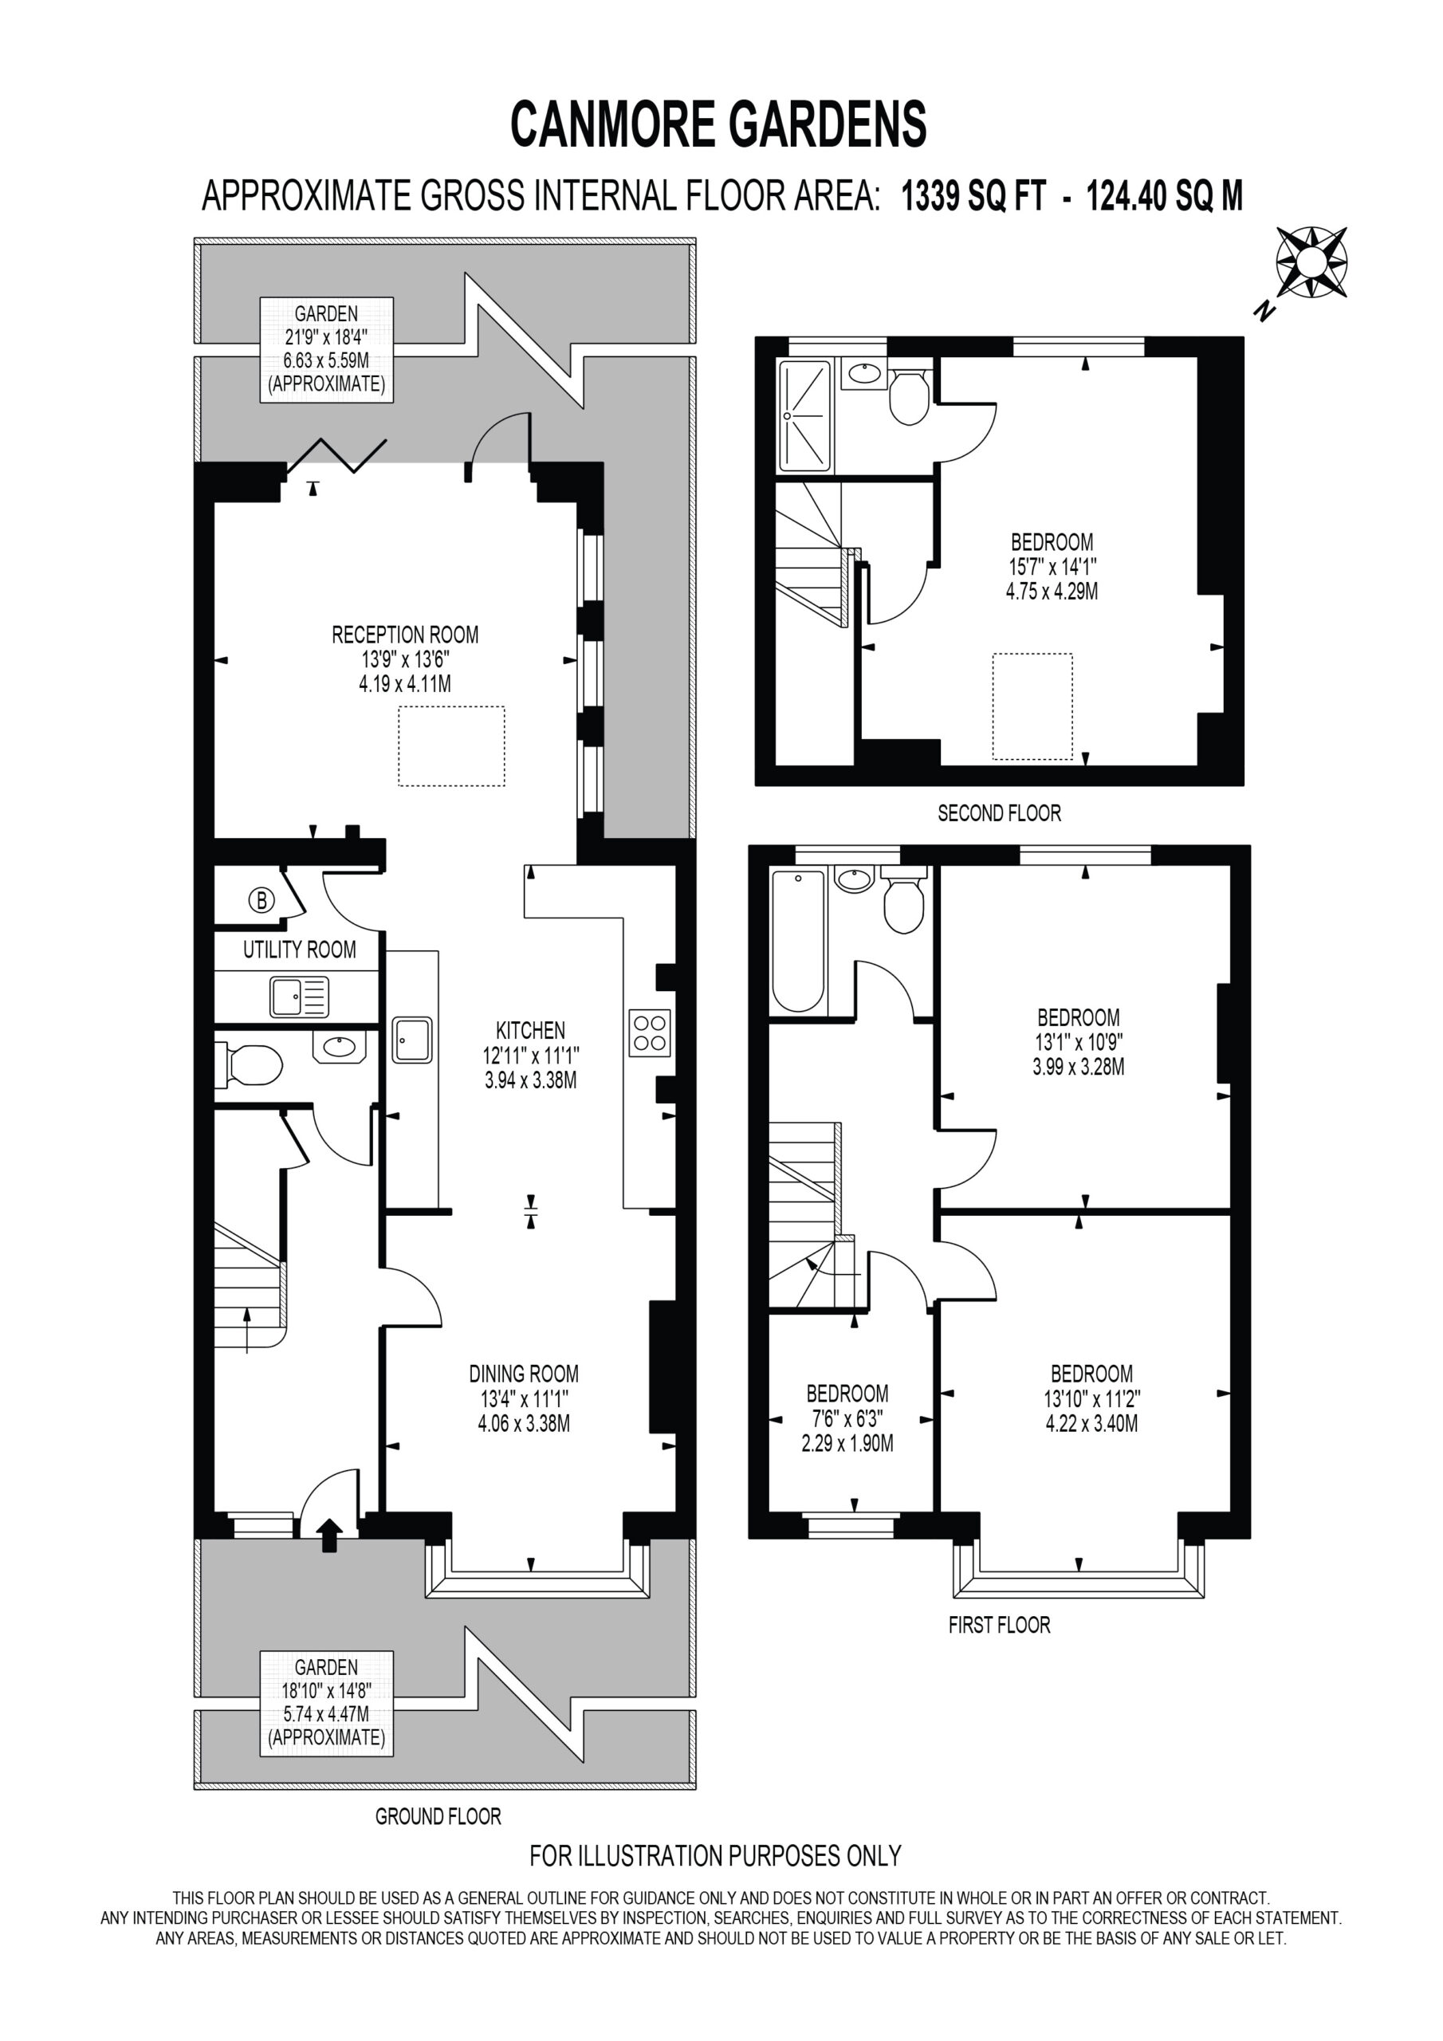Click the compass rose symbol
tap(1311, 262)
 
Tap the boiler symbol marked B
tap(261, 900)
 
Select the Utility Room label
tap(300, 950)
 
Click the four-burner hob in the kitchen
tap(650, 1033)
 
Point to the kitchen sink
tap(412, 1040)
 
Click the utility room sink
tap(300, 997)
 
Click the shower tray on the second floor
tap(804, 416)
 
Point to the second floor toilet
tap(909, 397)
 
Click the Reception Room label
tap(406, 635)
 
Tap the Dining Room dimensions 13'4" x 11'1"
tap(524, 1398)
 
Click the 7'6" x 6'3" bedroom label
tap(847, 1419)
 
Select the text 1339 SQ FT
tap(974, 195)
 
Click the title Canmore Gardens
tap(719, 124)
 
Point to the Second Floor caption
tap(1000, 812)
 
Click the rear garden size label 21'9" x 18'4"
tap(326, 337)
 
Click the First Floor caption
tap(1000, 1625)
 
